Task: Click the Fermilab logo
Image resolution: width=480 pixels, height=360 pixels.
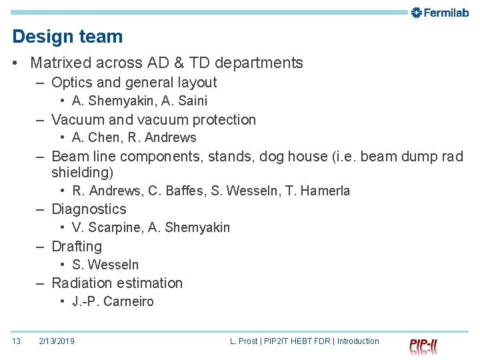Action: (440, 13)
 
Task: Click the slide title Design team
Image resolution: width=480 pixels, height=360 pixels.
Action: (67, 37)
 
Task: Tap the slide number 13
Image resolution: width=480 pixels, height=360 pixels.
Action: (17, 341)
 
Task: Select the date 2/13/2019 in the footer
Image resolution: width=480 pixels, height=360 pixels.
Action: (57, 341)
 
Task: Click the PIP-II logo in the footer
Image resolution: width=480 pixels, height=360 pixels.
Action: (423, 345)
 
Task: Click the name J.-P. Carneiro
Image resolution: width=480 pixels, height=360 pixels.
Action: (113, 301)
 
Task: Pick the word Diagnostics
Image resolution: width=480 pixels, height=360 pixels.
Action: (89, 209)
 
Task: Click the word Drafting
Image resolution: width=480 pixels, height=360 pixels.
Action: (77, 247)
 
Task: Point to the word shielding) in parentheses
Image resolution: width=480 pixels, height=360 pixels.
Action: (83, 173)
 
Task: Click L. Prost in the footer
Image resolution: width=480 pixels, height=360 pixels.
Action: (244, 341)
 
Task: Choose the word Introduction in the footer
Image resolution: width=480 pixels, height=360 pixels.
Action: (358, 341)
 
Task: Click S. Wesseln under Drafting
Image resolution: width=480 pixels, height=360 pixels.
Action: (105, 265)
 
